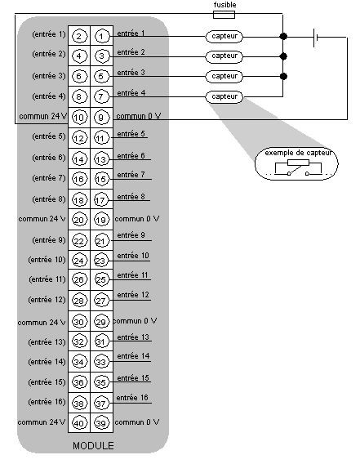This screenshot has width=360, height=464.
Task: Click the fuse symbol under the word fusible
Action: [x=224, y=15]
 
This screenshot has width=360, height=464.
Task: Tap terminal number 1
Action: [x=101, y=37]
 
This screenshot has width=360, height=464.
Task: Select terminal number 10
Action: [x=79, y=118]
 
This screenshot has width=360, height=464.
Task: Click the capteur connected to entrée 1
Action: [x=224, y=37]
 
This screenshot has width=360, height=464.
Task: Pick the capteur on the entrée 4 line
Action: [x=224, y=96]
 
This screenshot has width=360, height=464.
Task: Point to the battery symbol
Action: [x=315, y=38]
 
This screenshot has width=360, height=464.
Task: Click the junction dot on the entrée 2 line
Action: [x=283, y=56]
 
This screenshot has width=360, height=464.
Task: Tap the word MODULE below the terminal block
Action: [x=93, y=446]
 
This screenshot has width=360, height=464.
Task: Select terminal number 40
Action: [x=79, y=423]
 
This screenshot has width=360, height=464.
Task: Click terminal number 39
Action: [x=101, y=423]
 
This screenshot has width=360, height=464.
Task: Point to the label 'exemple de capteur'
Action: [x=298, y=153]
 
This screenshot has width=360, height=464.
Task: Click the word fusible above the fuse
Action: [x=224, y=5]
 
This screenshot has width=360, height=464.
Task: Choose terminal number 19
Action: [x=101, y=220]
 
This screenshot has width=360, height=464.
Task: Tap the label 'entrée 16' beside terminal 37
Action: [x=132, y=398]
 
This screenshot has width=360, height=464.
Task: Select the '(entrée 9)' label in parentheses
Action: [x=49, y=239]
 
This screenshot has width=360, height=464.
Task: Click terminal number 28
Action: [x=79, y=301]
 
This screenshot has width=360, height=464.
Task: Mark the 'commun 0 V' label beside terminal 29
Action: [x=135, y=321]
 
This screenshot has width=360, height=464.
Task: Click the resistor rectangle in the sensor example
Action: [x=298, y=163]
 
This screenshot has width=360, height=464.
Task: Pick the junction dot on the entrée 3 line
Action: [x=283, y=76]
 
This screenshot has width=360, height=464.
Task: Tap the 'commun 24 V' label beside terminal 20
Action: [x=42, y=219]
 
